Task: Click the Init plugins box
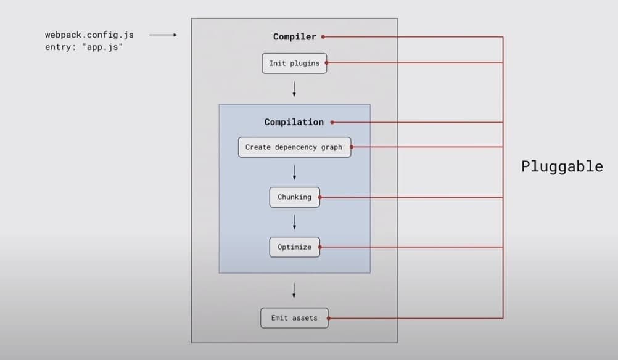click(294, 63)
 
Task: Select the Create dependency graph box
click(294, 147)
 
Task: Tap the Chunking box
click(294, 197)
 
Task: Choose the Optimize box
click(294, 247)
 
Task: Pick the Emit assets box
click(294, 318)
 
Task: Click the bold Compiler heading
click(294, 37)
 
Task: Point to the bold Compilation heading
click(294, 122)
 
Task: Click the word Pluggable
click(562, 166)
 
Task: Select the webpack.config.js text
click(89, 35)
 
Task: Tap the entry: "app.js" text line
click(84, 47)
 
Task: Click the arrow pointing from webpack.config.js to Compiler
click(163, 35)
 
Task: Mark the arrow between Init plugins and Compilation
click(294, 89)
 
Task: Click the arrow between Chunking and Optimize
click(294, 222)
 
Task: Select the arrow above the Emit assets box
click(294, 290)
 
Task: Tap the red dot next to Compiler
click(323, 37)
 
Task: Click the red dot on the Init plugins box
click(326, 63)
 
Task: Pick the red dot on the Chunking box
click(319, 197)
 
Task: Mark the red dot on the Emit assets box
click(328, 318)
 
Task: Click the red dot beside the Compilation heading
click(332, 122)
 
